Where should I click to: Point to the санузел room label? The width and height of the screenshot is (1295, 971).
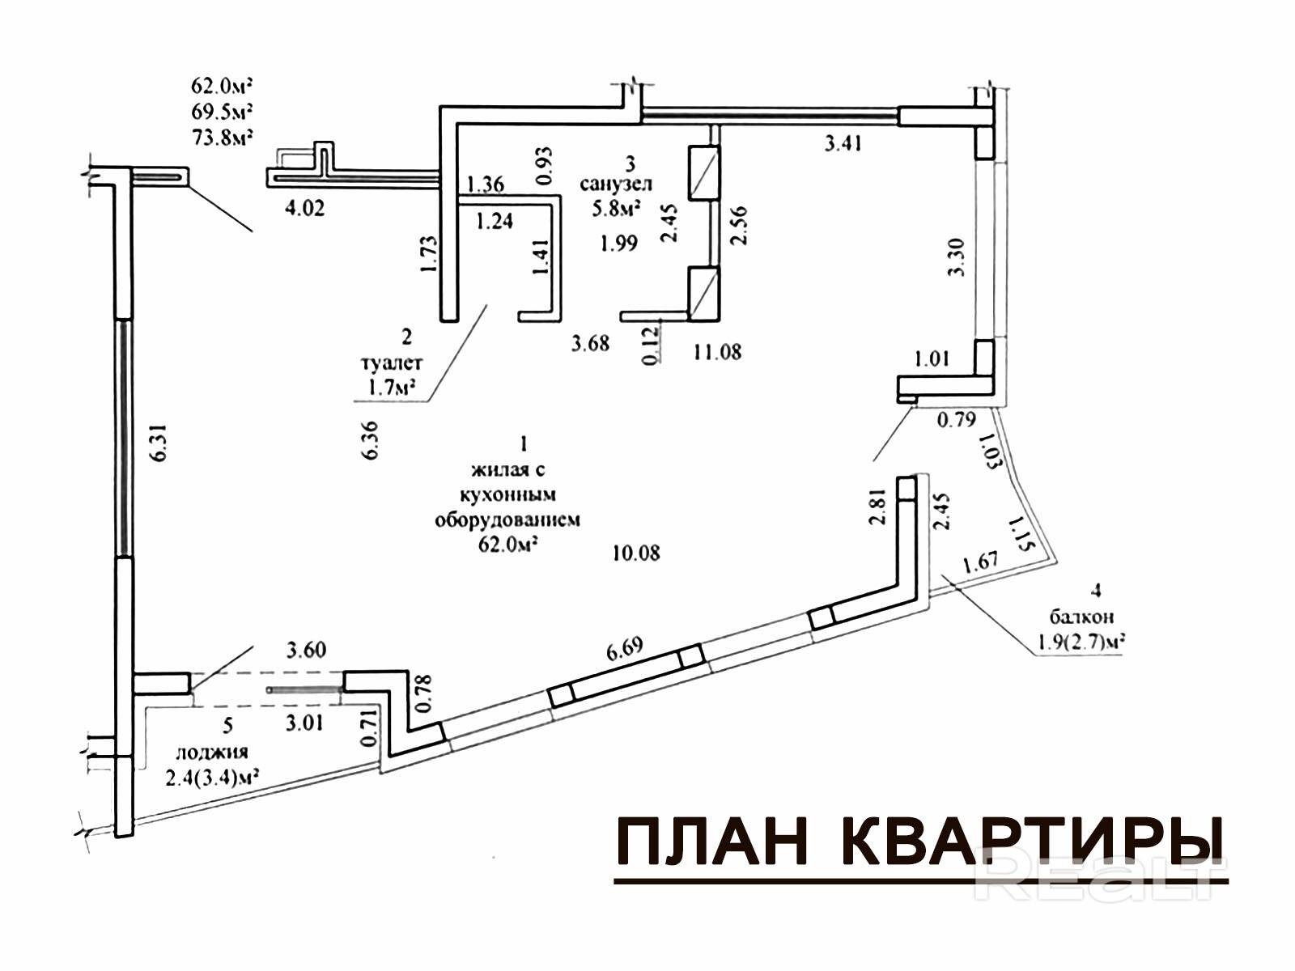pos(616,184)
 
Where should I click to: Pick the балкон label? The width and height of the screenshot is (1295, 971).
pos(1081,617)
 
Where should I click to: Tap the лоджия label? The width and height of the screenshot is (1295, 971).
pos(212,752)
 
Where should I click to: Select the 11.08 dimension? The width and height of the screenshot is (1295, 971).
pos(717,352)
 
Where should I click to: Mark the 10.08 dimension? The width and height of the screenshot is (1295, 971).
pos(636,553)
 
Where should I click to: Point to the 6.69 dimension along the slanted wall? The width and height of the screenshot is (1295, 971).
pos(624,649)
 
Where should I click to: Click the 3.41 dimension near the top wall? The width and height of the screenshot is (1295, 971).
pos(843,144)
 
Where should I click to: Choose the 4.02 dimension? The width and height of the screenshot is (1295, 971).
pos(305,208)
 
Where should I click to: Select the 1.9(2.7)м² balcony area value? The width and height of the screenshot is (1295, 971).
pos(1078,643)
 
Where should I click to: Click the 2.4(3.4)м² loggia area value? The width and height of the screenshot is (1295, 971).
pos(212,778)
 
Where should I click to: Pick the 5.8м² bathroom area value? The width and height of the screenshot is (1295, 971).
pos(616,209)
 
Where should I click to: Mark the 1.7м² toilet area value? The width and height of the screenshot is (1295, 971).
pos(391,388)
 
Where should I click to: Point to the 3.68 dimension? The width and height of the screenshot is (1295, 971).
pos(590,343)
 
